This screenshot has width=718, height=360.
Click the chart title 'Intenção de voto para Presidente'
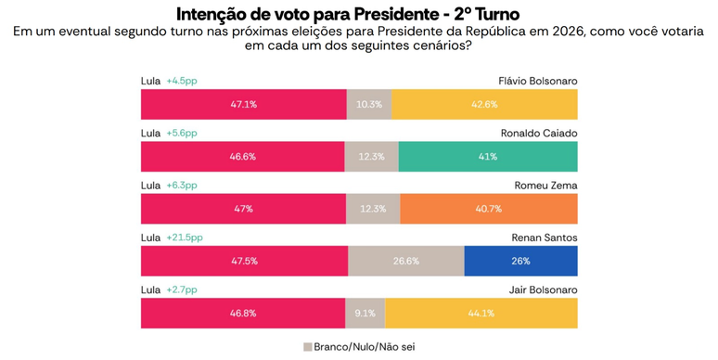pyautogui.click(x=309, y=14)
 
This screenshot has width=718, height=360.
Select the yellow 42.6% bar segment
pyautogui.click(x=484, y=105)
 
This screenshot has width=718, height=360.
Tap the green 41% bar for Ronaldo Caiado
pyautogui.click(x=488, y=157)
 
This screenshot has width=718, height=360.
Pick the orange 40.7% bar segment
pyautogui.click(x=489, y=209)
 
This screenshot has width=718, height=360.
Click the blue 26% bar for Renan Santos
pyautogui.click(x=521, y=261)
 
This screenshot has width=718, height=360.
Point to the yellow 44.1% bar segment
pyautogui.click(x=481, y=314)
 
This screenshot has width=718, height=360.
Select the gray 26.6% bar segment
pyautogui.click(x=406, y=261)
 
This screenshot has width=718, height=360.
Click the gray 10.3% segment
pyautogui.click(x=369, y=105)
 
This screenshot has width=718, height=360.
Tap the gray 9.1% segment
pyautogui.click(x=365, y=314)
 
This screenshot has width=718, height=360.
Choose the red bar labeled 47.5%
pyautogui.click(x=245, y=261)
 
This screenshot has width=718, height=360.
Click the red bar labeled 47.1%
pyautogui.click(x=244, y=105)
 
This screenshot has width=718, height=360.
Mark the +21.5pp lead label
pyautogui.click(x=185, y=238)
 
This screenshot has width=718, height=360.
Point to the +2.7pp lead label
pyautogui.click(x=182, y=289)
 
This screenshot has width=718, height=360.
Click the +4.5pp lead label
pyautogui.click(x=182, y=81)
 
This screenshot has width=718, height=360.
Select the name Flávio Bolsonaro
pyautogui.click(x=538, y=81)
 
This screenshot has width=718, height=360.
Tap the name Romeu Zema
pyautogui.click(x=545, y=186)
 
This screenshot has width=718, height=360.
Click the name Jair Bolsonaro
pyautogui.click(x=543, y=289)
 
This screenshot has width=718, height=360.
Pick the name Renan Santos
pyautogui.click(x=545, y=238)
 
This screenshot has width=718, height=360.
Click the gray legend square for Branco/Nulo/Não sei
pyautogui.click(x=308, y=347)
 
